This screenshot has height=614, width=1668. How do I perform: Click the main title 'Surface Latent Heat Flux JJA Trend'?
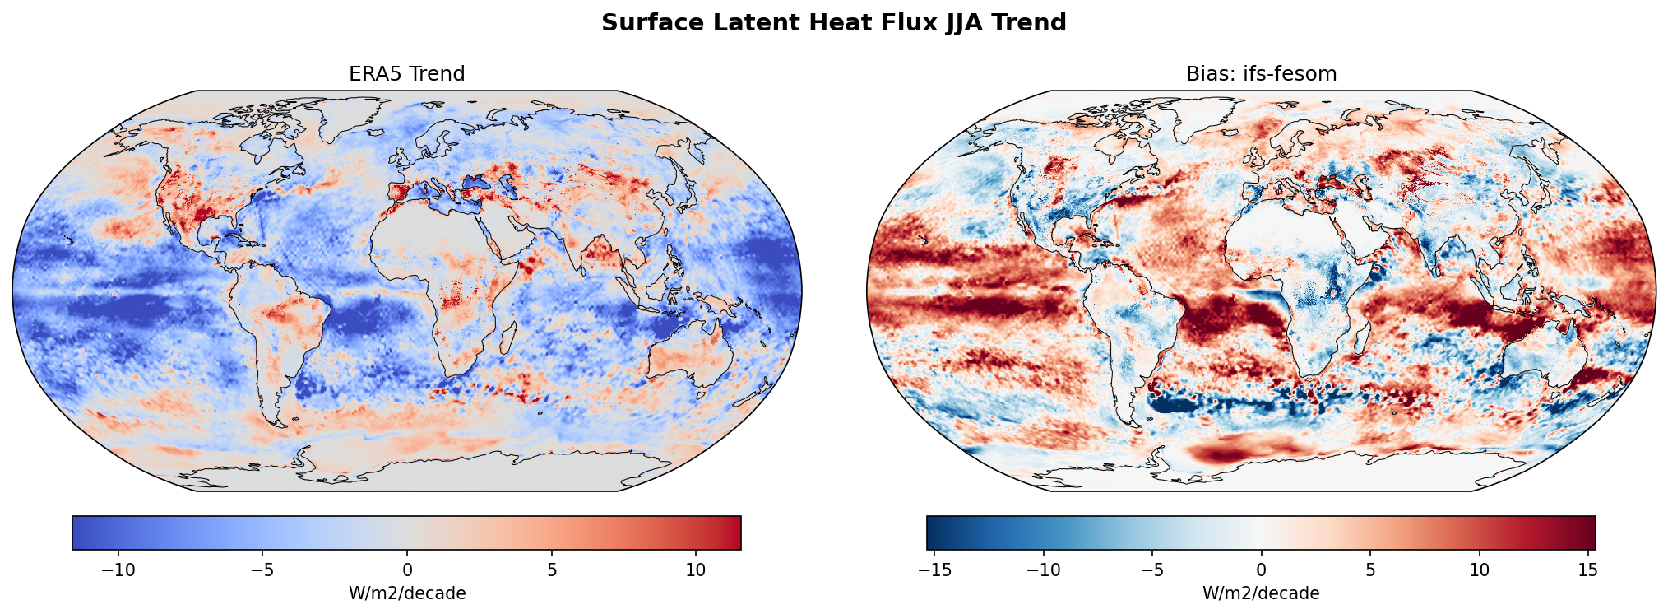833,23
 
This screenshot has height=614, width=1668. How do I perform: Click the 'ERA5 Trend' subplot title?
407,74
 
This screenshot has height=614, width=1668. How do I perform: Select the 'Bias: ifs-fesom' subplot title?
1261,74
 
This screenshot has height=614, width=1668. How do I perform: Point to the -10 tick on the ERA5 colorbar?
118,570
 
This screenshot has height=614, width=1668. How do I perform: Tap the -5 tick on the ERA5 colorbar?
262,570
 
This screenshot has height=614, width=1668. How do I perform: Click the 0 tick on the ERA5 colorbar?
407,570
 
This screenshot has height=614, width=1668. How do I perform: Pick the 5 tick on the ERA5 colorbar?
552,570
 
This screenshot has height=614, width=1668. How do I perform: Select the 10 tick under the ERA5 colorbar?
696,570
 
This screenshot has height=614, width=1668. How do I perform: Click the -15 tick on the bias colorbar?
934,570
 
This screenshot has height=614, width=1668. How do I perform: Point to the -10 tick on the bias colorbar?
1044,570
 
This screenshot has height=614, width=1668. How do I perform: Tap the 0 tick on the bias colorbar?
1261,570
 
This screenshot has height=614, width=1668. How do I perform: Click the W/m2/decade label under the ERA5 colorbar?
407,593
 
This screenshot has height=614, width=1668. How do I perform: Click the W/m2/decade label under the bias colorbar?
1261,593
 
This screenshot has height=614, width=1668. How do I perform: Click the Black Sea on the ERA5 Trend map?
477,182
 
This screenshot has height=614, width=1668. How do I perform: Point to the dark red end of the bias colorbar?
1583,533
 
